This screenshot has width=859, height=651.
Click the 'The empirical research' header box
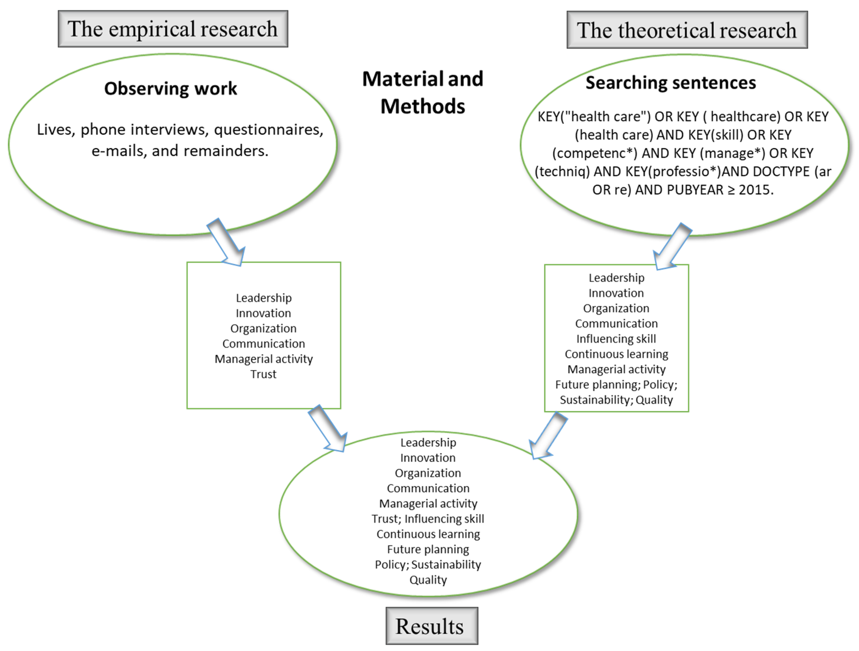(173, 29)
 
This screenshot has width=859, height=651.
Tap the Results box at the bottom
(431, 626)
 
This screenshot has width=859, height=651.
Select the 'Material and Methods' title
(423, 92)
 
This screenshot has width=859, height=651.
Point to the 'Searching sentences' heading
(671, 83)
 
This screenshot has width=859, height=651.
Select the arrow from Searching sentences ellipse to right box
(672, 247)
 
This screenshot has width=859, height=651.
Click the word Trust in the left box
(263, 374)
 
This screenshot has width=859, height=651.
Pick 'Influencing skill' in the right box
(616, 339)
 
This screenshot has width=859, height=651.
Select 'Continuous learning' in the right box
(616, 354)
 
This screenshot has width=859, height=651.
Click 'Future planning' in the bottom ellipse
(428, 549)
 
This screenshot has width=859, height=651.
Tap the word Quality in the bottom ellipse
(428, 580)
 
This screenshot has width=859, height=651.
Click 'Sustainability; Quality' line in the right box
(616, 400)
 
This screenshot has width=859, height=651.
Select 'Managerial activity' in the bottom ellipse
(428, 503)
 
